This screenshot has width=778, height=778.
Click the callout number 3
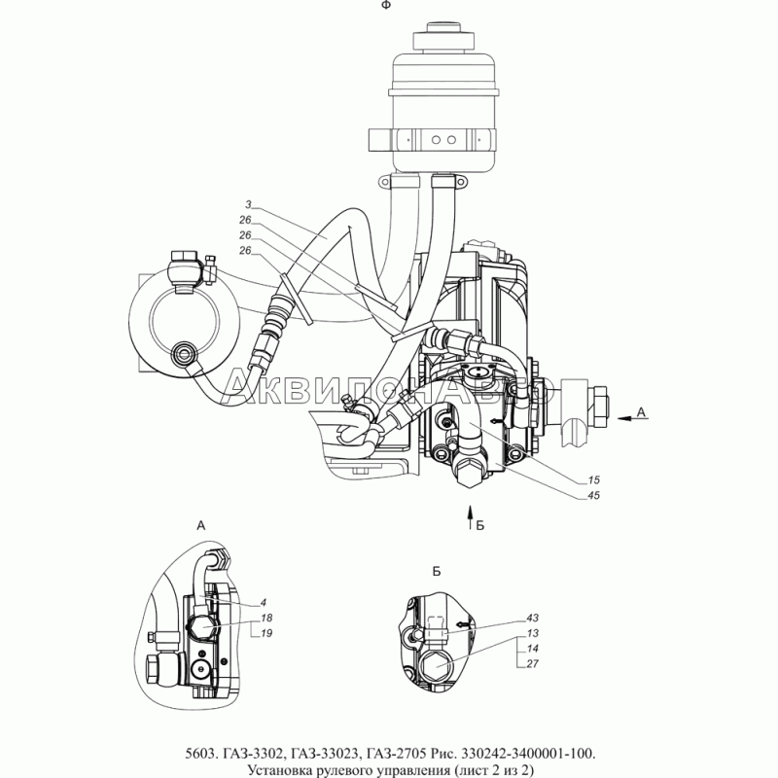click(x=248, y=204)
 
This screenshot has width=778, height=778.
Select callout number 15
click(x=593, y=479)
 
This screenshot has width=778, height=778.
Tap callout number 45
click(x=593, y=495)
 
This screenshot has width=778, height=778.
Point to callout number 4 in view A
click(x=264, y=603)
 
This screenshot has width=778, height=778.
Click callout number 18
click(x=266, y=619)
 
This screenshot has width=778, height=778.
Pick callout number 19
click(x=266, y=634)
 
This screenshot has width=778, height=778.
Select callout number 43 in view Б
click(x=532, y=619)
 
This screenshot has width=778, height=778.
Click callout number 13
click(x=532, y=634)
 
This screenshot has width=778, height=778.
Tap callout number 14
click(x=532, y=649)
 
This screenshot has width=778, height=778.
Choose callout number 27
click(x=532, y=664)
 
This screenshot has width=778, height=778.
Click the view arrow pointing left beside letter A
click(x=633, y=419)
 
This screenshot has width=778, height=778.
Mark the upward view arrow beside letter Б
click(x=470, y=518)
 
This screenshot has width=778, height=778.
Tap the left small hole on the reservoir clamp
click(x=436, y=140)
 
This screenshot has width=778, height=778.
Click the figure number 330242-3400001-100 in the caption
click(x=528, y=754)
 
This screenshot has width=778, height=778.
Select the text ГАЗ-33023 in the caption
click(x=323, y=754)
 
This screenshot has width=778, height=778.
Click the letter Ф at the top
click(x=386, y=5)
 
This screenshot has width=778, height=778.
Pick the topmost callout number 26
click(x=245, y=220)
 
